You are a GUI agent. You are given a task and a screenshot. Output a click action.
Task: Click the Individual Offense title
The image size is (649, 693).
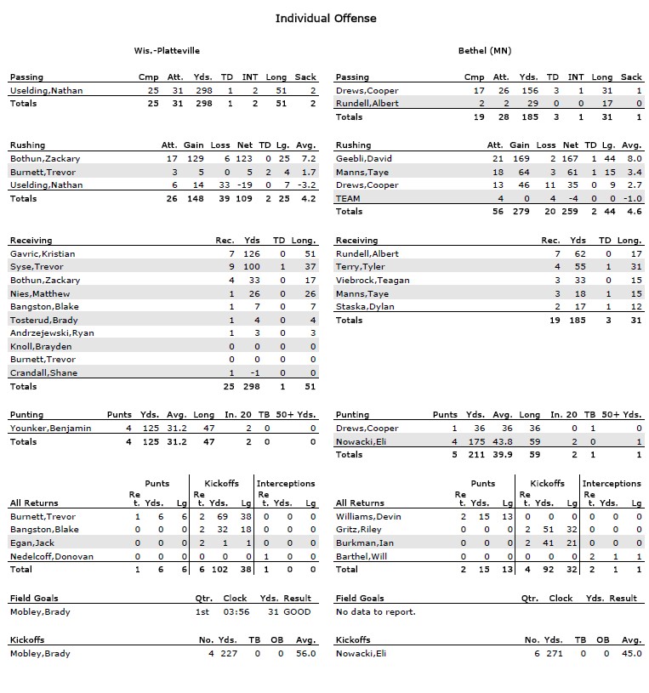(326, 18)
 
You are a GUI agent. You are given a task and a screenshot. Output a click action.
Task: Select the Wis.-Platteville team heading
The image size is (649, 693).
(167, 51)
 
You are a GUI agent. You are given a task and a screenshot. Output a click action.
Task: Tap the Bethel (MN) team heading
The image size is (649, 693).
(484, 51)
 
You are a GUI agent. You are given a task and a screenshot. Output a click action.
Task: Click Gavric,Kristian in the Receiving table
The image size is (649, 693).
(43, 253)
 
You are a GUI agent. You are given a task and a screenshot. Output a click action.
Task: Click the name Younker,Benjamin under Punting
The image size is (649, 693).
(45, 429)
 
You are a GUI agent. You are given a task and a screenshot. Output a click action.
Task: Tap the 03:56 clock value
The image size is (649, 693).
(234, 611)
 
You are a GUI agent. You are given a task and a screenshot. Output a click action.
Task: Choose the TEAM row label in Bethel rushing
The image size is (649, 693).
(348, 198)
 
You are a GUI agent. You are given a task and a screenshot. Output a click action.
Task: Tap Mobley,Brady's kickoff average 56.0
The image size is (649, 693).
(305, 653)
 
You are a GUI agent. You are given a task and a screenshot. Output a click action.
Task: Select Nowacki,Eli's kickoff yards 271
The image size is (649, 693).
(553, 653)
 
